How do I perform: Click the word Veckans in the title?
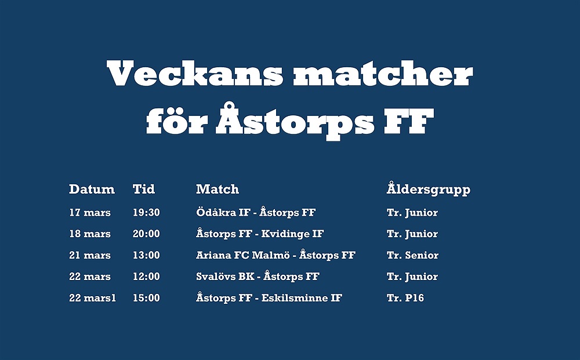(194, 72)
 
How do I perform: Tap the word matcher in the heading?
(383, 72)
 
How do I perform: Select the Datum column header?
(92, 189)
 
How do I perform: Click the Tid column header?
(144, 189)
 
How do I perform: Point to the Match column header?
(217, 189)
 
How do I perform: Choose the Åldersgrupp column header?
(429, 189)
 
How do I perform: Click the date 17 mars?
(90, 213)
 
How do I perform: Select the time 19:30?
(147, 213)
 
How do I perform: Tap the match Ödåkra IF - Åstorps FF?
(256, 212)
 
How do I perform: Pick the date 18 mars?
(90, 234)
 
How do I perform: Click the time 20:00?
(147, 234)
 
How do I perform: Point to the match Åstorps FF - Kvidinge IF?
(260, 234)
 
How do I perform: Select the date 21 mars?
(90, 256)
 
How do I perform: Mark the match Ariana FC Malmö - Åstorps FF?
(276, 255)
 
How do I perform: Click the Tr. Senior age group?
(413, 256)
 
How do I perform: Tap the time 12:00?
(147, 277)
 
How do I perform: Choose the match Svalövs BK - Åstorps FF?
(258, 277)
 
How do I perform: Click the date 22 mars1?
(92, 299)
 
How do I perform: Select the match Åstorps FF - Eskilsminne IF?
(269, 298)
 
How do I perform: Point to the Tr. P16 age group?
(405, 299)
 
